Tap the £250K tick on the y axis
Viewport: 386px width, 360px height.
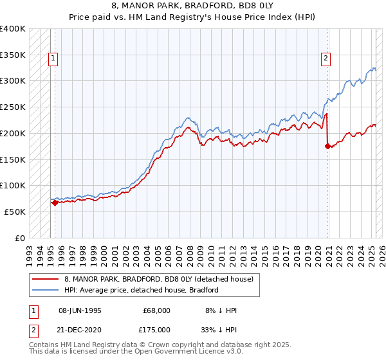(13, 107)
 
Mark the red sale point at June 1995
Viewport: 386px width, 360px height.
(55, 203)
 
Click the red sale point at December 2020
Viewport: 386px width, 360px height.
(328, 146)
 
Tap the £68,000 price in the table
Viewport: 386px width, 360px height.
(156, 310)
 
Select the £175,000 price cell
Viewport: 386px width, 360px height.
(156, 329)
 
